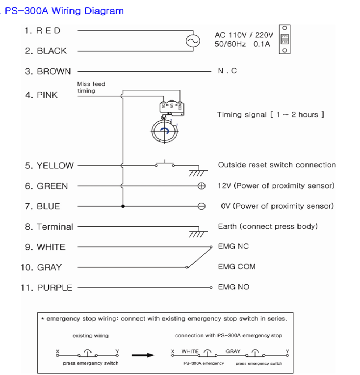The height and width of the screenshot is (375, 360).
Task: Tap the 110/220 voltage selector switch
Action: click(x=284, y=39)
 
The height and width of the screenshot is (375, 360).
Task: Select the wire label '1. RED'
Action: click(x=43, y=30)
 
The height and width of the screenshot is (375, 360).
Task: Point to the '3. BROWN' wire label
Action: click(x=48, y=71)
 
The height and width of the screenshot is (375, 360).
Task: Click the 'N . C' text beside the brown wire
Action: click(x=227, y=71)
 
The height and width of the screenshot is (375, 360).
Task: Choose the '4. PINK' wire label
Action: click(x=41, y=95)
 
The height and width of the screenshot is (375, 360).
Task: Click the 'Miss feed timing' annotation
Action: click(x=91, y=87)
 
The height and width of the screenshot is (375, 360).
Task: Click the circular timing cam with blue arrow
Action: click(x=166, y=130)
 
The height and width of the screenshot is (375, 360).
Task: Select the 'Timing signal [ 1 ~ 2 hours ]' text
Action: click(x=270, y=115)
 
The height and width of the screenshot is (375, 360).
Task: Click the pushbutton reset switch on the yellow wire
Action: click(x=165, y=164)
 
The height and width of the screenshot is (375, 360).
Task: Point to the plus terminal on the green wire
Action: click(x=201, y=186)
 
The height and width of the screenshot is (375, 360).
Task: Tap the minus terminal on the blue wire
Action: click(x=201, y=206)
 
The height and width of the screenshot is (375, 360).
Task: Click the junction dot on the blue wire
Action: click(x=123, y=206)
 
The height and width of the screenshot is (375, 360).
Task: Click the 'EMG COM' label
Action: click(x=236, y=267)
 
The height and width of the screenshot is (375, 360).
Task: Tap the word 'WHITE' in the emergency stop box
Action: click(x=190, y=351)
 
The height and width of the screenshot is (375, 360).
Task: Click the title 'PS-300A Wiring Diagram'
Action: click(x=64, y=10)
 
